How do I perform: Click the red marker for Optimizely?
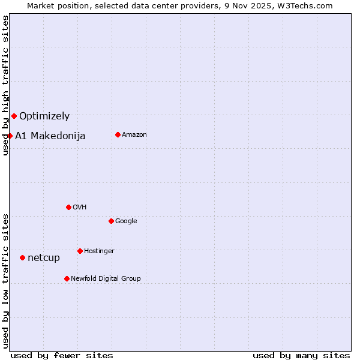(14, 116)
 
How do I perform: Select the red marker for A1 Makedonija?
(10, 136)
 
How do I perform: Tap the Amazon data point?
(118, 134)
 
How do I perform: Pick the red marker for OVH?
(68, 207)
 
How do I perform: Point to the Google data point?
(111, 221)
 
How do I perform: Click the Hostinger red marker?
(80, 251)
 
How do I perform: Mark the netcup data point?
(22, 257)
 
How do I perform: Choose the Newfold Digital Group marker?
(67, 278)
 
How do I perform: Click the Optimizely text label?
(44, 116)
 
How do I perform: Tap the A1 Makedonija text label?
(50, 136)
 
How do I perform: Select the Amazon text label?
(134, 135)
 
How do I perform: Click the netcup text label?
(44, 258)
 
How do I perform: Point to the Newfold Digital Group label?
(106, 278)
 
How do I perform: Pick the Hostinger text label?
(99, 251)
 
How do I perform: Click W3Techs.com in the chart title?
(309, 5)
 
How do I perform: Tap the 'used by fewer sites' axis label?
(62, 355)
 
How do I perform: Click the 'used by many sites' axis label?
(301, 355)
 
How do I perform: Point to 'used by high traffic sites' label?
(5, 85)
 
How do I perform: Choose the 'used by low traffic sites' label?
(5, 280)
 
